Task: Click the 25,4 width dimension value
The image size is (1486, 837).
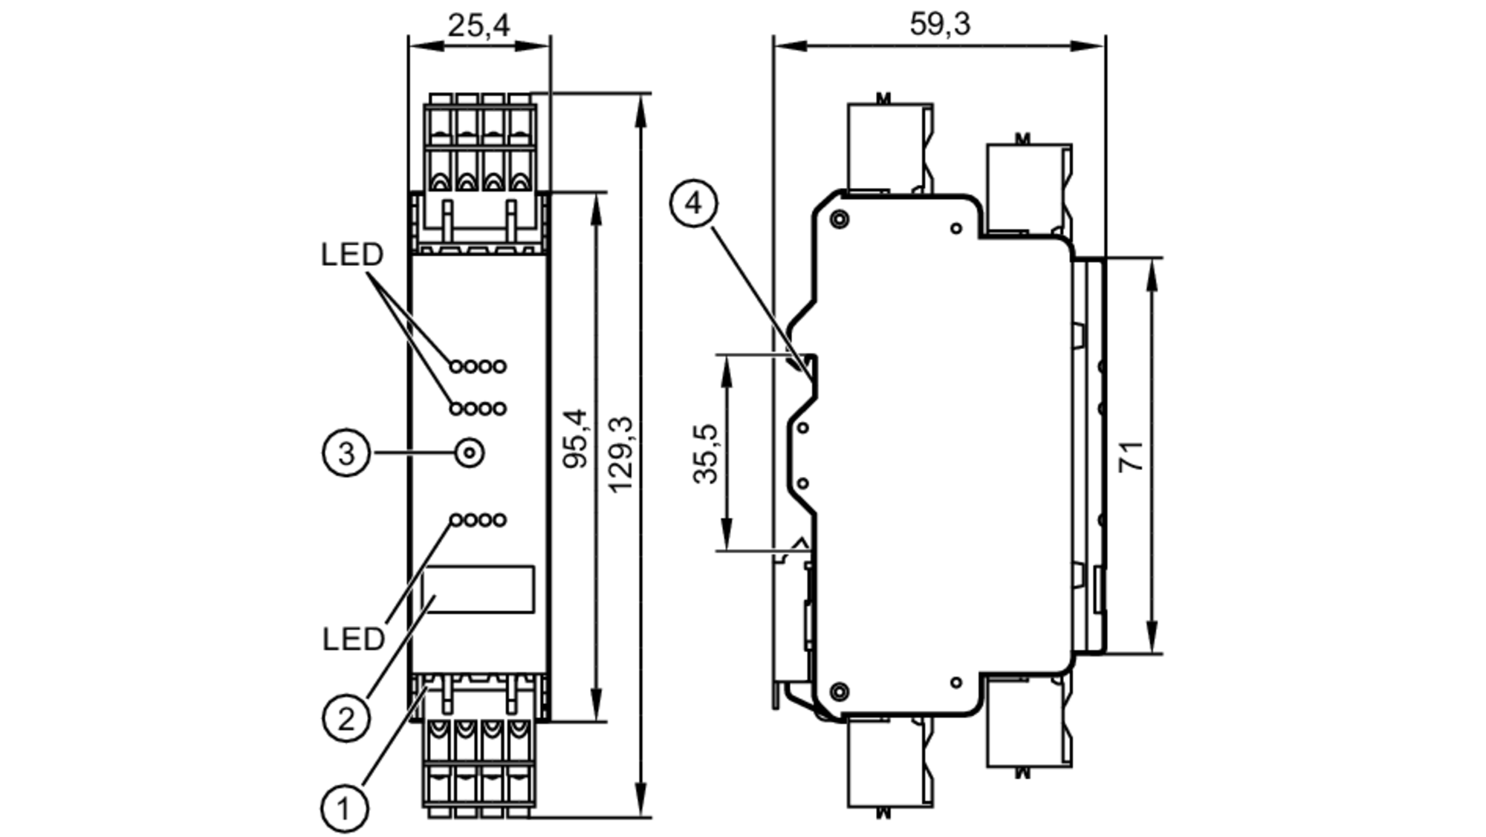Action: [478, 26]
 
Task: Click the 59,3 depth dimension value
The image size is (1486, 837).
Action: [940, 25]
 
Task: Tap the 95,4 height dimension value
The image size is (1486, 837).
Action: [576, 438]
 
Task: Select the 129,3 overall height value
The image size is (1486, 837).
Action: [621, 454]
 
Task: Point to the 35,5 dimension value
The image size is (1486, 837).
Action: [706, 454]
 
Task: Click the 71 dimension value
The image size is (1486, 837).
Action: [1132, 455]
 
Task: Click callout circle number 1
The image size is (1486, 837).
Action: [345, 808]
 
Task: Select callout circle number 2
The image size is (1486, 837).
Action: [346, 718]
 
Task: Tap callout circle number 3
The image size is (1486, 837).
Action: [346, 452]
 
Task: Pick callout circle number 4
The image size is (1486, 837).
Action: [694, 203]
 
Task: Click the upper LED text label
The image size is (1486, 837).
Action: [352, 255]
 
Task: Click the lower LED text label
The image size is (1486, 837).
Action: [354, 639]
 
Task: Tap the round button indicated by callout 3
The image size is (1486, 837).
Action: [469, 452]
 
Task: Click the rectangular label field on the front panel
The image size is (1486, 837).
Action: [478, 590]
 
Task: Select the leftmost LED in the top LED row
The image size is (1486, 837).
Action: [456, 366]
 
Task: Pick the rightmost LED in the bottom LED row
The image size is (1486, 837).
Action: [499, 520]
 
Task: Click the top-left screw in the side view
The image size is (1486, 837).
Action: [840, 219]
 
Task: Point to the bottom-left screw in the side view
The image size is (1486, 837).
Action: [840, 691]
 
